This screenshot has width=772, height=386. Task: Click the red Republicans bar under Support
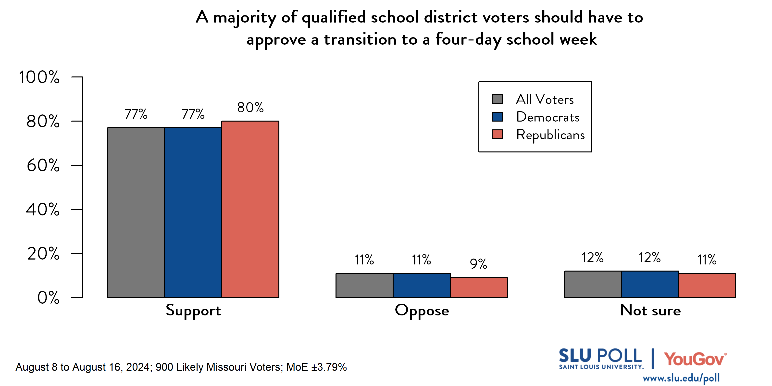click(250, 209)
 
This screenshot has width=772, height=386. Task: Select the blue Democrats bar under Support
click(193, 212)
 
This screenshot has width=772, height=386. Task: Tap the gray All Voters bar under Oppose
click(364, 285)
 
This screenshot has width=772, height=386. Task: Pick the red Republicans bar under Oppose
click(479, 287)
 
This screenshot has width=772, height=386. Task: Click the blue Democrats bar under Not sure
click(650, 284)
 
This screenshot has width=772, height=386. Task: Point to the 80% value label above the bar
click(250, 108)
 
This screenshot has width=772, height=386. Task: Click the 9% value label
click(478, 264)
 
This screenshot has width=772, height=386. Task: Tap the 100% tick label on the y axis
click(39, 77)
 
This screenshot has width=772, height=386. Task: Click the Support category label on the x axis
click(193, 311)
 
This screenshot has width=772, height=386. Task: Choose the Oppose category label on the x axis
click(422, 311)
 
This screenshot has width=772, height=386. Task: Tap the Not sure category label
click(650, 310)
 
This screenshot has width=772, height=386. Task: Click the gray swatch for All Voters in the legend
click(497, 99)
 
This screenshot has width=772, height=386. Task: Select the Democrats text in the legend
click(548, 117)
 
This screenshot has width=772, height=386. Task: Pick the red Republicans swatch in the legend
click(497, 135)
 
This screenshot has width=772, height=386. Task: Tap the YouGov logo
click(695, 359)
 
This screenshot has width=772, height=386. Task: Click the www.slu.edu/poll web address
click(681, 378)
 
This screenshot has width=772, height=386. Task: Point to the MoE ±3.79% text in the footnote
click(316, 367)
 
